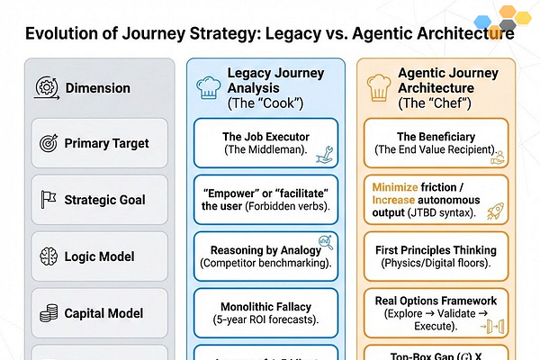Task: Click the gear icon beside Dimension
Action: tap(47, 87)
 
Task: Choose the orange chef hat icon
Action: tap(377, 87)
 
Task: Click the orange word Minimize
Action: tap(400, 186)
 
